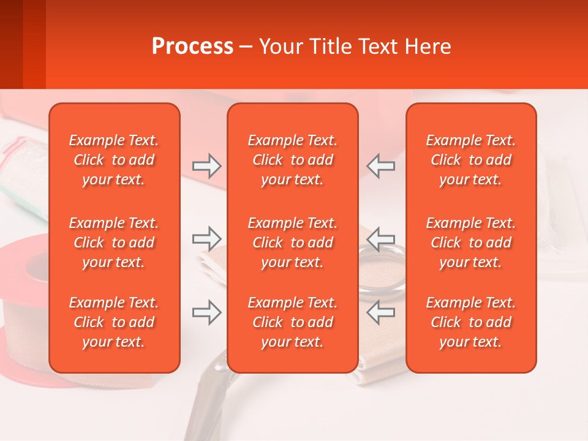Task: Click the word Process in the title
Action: click(x=192, y=47)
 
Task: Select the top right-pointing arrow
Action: click(x=206, y=166)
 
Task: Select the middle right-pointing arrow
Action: click(x=206, y=238)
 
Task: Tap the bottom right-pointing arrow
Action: click(x=206, y=312)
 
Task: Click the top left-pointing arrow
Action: click(x=380, y=166)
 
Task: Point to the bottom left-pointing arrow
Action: click(x=380, y=312)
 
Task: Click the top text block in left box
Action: click(x=114, y=160)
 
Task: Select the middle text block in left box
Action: click(x=114, y=243)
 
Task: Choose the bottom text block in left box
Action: click(x=114, y=322)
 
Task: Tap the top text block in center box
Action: click(x=293, y=160)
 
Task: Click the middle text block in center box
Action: click(x=293, y=243)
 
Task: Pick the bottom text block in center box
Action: click(x=293, y=322)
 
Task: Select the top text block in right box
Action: click(x=471, y=160)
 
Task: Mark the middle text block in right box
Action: click(x=471, y=243)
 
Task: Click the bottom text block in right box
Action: click(x=471, y=322)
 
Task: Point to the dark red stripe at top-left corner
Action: click(x=11, y=43)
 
